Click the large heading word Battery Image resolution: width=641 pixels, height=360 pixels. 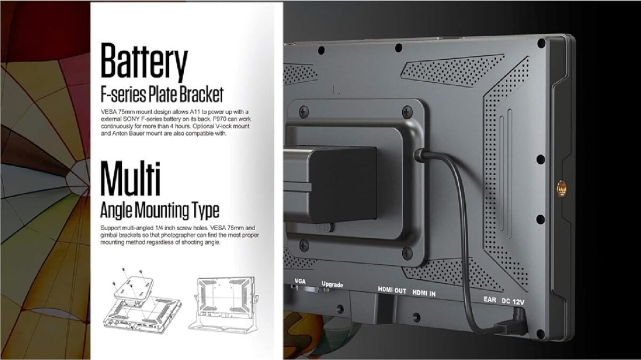pos(144,62)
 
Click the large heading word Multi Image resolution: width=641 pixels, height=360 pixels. pos(130,179)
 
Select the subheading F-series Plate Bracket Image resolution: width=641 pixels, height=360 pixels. pos(162,94)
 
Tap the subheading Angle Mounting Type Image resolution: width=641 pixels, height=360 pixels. pos(160,210)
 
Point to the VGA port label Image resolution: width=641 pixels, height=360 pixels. pos(300,281)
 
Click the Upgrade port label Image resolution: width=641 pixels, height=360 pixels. pos(332,284)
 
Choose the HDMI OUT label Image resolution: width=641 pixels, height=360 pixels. pos(392,290)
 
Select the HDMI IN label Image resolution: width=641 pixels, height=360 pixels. pos(424,293)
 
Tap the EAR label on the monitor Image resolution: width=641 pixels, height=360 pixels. pos(490,299)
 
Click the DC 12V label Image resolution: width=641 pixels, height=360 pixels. pos(513,301)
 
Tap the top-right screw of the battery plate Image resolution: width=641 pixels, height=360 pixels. pos(408,111)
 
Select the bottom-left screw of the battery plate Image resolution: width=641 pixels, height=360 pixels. pos(304,246)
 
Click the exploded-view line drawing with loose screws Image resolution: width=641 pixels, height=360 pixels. pos(142,301)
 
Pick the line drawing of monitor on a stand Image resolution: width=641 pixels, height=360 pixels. pos(224,304)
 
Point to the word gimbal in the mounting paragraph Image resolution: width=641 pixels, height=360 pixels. pos(109,235)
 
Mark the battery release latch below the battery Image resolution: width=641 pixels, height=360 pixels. pos(325,228)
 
